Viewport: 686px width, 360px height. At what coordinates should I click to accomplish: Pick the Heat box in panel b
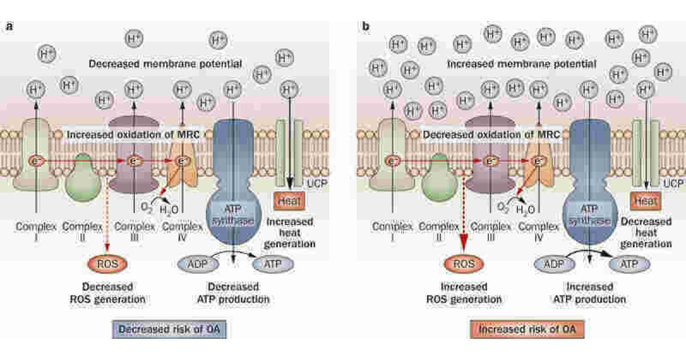coord(646,201)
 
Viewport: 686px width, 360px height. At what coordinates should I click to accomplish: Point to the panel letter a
coord(9,26)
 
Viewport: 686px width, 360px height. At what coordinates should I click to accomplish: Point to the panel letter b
coord(365,26)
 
